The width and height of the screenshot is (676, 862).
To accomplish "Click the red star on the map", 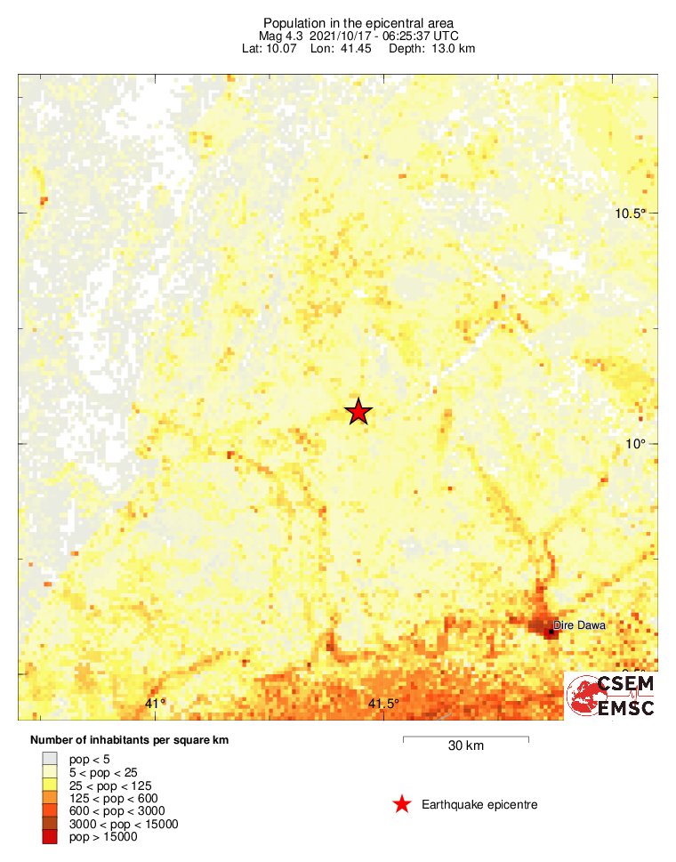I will pyautogui.click(x=358, y=412).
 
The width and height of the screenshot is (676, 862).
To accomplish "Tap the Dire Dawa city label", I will pyautogui.click(x=579, y=625).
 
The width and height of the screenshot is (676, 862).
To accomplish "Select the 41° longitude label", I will pyautogui.click(x=156, y=705).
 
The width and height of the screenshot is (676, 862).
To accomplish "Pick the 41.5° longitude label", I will pyautogui.click(x=383, y=705).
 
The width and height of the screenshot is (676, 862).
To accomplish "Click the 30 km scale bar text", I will pyautogui.click(x=465, y=746).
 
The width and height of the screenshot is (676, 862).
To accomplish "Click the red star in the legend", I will pyautogui.click(x=402, y=805).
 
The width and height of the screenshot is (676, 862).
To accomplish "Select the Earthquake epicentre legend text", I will pyautogui.click(x=479, y=805).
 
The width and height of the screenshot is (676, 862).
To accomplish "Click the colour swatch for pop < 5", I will pyautogui.click(x=51, y=759).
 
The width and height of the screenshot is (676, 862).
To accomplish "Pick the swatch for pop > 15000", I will pyautogui.click(x=51, y=836).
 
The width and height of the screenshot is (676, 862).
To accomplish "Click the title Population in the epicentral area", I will pyautogui.click(x=358, y=22).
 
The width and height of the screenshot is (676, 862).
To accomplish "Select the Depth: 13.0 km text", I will pyautogui.click(x=431, y=48).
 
